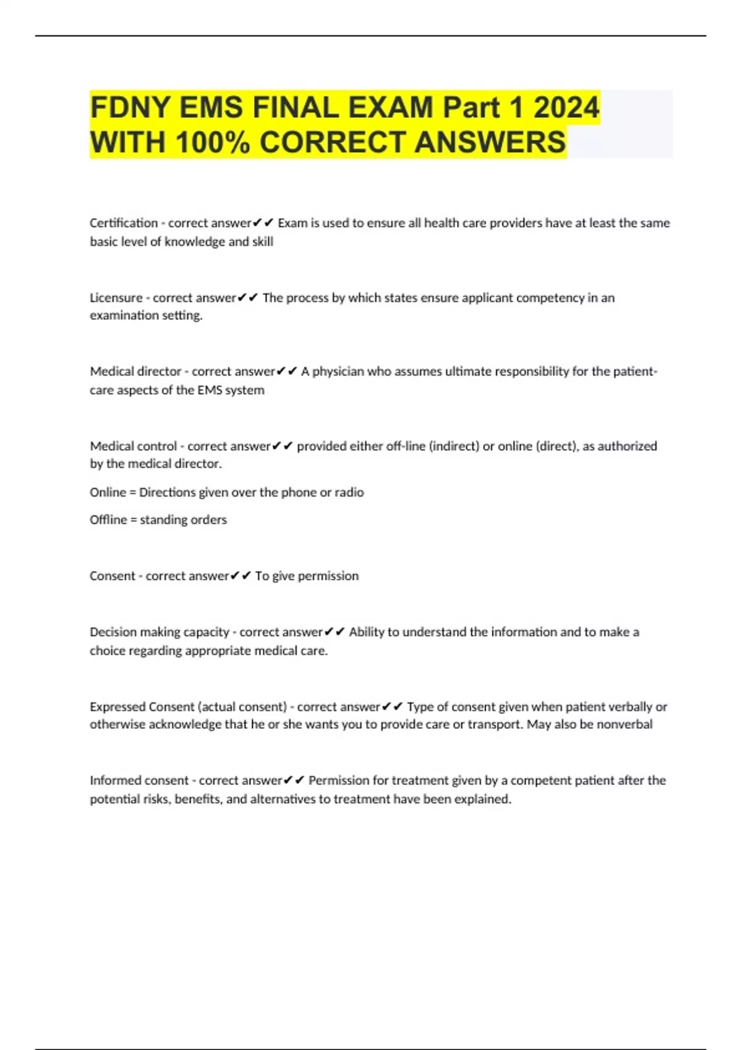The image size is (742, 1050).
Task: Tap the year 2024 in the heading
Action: pos(566,107)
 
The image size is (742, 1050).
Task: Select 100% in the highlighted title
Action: pos(213,142)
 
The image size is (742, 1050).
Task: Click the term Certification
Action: pos(124,223)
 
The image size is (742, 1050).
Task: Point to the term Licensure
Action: pos(116,298)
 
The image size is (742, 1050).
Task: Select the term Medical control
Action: pos(133,446)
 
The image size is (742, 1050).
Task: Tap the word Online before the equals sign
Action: pos(108,492)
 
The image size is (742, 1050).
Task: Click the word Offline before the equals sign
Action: pos(108,519)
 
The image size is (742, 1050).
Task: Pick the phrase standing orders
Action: pos(183,519)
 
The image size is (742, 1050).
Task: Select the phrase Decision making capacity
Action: pos(160,632)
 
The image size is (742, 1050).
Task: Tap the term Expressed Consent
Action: pos(142,707)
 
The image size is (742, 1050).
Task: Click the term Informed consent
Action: pos(139,780)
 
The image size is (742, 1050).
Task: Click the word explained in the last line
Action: pos(482,799)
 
